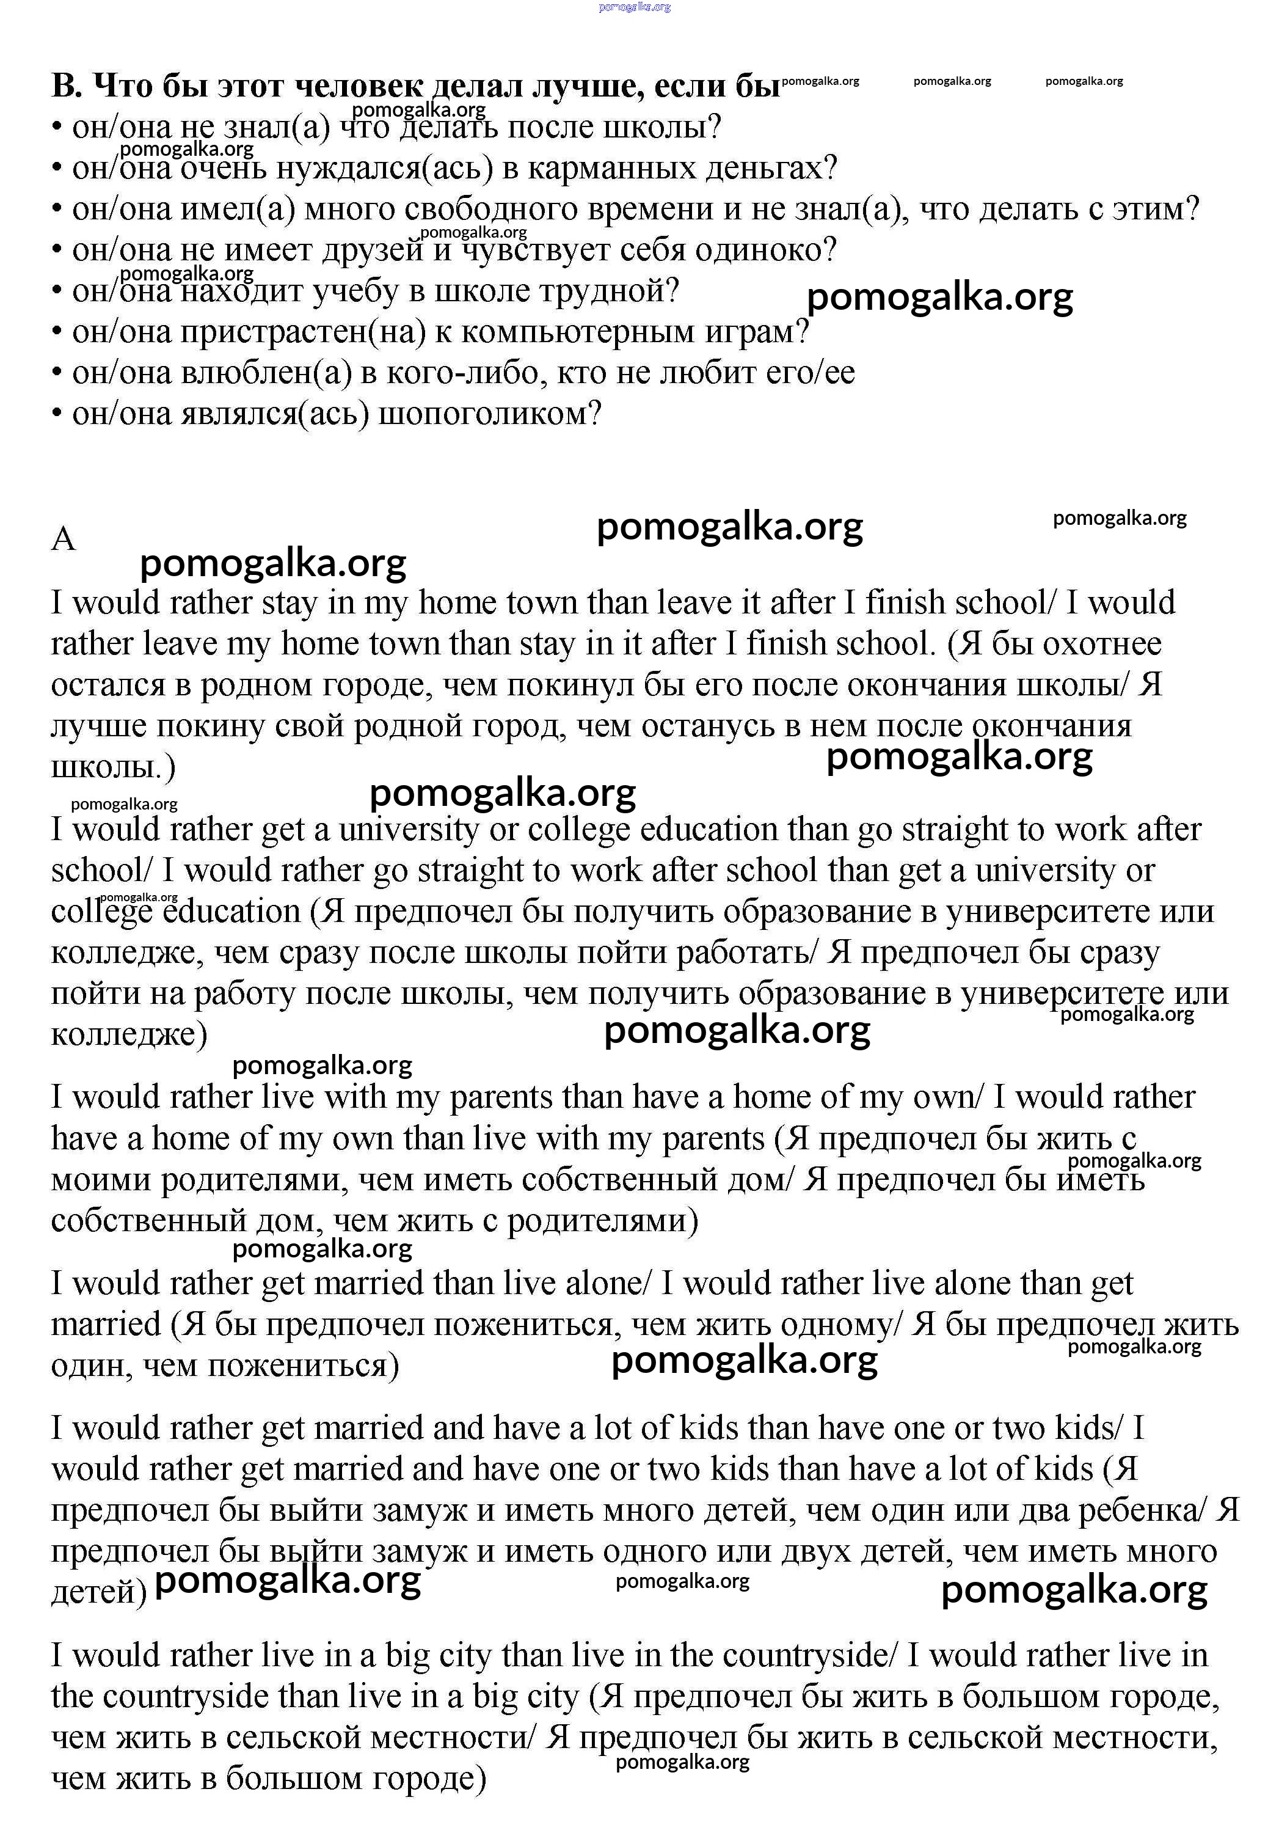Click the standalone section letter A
click(x=63, y=540)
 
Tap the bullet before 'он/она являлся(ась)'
click(x=57, y=415)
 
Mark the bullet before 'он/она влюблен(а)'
click(x=57, y=373)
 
